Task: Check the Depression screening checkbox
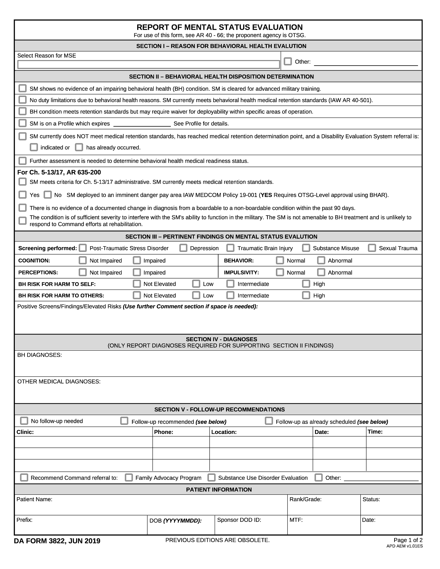(x=183, y=248)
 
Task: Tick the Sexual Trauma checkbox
(x=372, y=248)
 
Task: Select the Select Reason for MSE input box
(x=148, y=64)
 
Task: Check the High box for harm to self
(x=306, y=284)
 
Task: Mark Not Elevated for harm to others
(x=137, y=295)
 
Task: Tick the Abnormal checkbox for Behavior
(x=321, y=260)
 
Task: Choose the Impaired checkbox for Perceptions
(x=137, y=272)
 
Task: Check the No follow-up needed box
(x=24, y=421)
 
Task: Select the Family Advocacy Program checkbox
(x=129, y=477)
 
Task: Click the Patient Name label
(x=34, y=499)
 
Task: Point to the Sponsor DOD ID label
(x=239, y=520)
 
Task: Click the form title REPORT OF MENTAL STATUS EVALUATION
(x=219, y=27)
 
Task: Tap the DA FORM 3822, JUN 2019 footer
(x=57, y=541)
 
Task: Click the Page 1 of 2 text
(x=408, y=540)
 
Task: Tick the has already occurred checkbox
(x=79, y=147)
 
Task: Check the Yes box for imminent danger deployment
(x=23, y=194)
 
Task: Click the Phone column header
(x=163, y=432)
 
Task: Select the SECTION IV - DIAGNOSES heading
(x=221, y=339)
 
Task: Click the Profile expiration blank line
(x=142, y=124)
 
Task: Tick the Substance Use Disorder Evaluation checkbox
(x=211, y=477)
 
